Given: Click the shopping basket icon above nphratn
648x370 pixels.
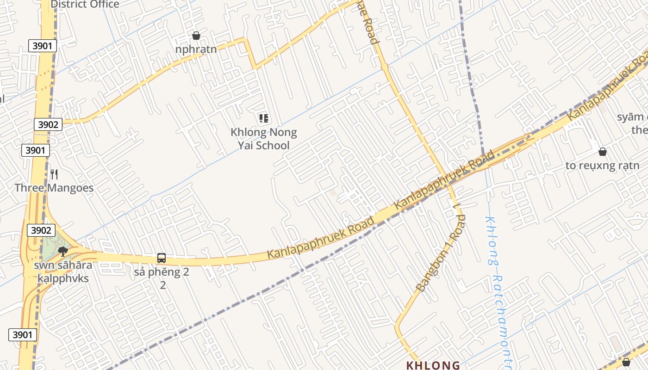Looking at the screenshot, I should tap(196, 36).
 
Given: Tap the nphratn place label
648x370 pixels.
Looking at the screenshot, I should tap(196, 49).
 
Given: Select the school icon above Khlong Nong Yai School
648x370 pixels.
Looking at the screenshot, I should tap(264, 118).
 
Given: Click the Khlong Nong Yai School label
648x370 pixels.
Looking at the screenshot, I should tap(264, 139).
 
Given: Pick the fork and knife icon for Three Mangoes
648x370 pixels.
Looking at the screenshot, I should tap(54, 174).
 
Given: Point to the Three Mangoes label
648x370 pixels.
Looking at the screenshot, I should tap(54, 188).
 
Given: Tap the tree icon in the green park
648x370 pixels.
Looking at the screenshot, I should tap(63, 251).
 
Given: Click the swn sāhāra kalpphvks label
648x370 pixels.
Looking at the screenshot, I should tap(63, 272).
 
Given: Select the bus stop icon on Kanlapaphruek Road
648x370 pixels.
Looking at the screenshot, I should tap(162, 258).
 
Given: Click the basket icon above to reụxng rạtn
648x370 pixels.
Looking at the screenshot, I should tap(603, 151).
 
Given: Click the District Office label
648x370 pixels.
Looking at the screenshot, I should tap(85, 5).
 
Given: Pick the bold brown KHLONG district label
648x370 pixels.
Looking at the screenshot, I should tap(433, 365).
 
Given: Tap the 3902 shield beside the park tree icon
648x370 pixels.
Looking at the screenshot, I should tap(42, 230).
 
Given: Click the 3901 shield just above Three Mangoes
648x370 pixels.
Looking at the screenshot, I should tap(35, 150).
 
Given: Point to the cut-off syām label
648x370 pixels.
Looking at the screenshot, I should tap(632, 117).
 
